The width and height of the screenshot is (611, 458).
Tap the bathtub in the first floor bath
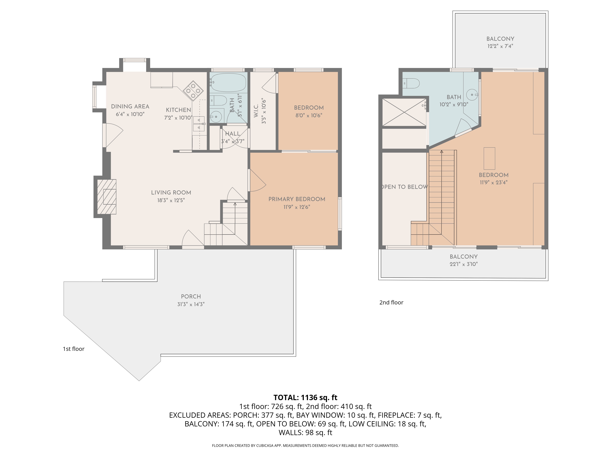point(228,82)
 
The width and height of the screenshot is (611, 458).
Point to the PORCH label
point(191,296)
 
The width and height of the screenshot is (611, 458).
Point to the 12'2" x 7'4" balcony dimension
point(500,46)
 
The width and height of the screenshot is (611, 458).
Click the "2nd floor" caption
point(391,302)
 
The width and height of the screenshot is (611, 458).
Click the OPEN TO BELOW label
point(405,187)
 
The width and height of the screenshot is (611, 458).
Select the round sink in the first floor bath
point(216,117)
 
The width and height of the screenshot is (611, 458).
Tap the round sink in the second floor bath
point(472,95)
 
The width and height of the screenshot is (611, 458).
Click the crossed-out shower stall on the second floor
point(404,112)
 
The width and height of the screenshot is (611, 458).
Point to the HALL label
point(233,134)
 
